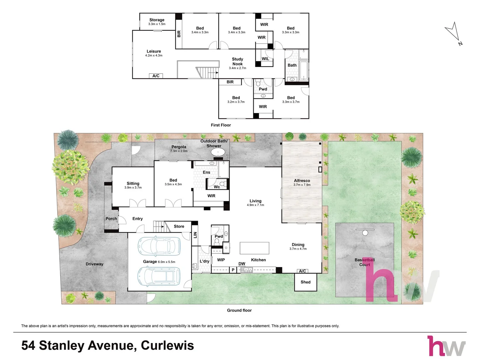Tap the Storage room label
point(157,20)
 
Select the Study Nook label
point(237,62)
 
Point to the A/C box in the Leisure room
point(156,76)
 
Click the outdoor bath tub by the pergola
point(218,153)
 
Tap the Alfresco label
point(302,181)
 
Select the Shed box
point(305,282)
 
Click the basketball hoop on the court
point(365,232)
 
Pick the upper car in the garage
point(159,246)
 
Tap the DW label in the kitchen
point(242,264)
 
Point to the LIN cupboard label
point(195,235)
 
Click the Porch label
point(111,219)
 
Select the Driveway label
point(94,264)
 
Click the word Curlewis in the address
point(167,345)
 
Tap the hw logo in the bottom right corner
point(446,346)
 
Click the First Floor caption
point(221,125)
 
